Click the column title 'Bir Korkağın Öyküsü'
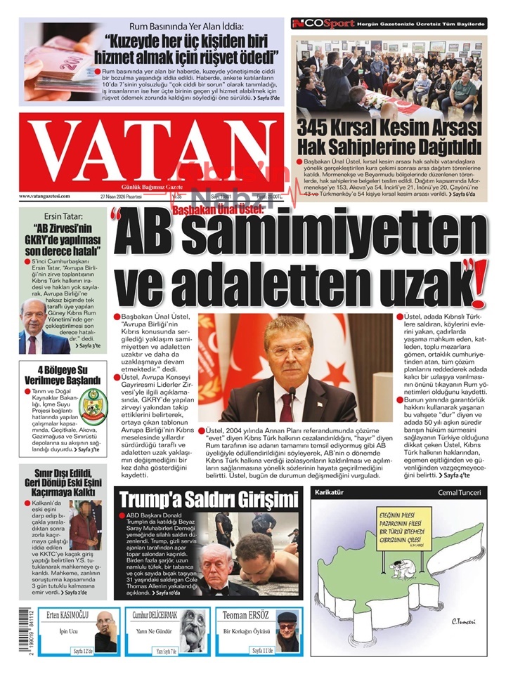point(246,632)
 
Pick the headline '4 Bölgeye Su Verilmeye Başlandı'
point(60,375)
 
